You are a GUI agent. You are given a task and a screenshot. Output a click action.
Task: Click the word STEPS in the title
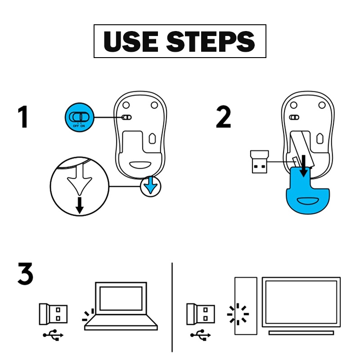tap(211, 41)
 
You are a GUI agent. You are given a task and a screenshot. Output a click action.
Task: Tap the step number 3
tap(25, 274)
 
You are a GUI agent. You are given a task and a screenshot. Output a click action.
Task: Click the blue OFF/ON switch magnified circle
tap(79, 117)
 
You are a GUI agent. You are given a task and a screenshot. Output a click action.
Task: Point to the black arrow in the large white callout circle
tap(80, 205)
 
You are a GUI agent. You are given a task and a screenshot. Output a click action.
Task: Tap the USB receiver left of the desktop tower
tap(201, 314)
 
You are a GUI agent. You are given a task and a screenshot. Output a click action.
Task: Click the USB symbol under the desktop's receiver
tap(201, 335)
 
